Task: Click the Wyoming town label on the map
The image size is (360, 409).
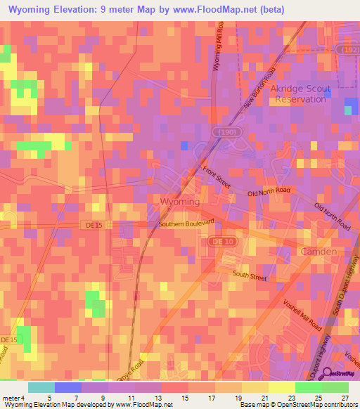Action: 181,202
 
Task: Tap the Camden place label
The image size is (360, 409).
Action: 319,251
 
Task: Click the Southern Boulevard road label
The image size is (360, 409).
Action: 186,224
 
